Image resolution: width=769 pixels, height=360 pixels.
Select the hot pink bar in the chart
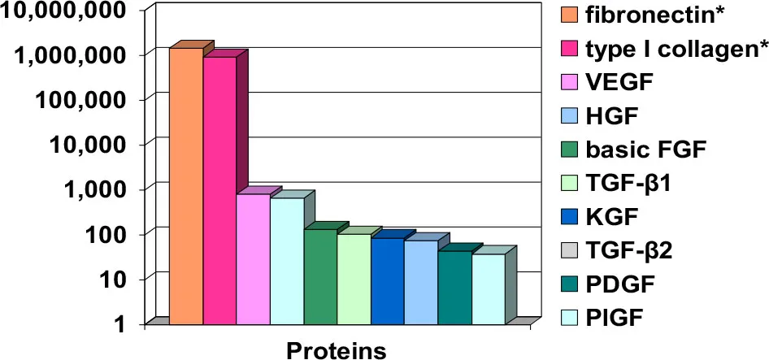(219, 190)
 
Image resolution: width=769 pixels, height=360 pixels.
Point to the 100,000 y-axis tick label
(90, 100)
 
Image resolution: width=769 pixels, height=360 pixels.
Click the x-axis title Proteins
(337, 350)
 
